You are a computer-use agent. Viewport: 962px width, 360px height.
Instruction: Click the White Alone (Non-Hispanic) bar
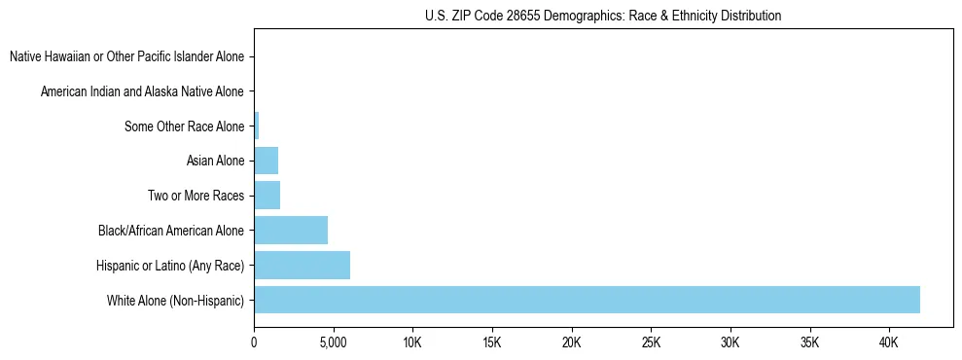pyautogui.click(x=587, y=300)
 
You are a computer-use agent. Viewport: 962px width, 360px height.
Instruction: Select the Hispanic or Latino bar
pyautogui.click(x=302, y=265)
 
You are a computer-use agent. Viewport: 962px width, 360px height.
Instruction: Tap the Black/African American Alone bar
pyautogui.click(x=291, y=231)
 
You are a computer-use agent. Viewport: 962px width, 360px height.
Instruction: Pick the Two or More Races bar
pyautogui.click(x=267, y=196)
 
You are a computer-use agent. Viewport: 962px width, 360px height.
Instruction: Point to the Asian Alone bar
pyautogui.click(x=266, y=161)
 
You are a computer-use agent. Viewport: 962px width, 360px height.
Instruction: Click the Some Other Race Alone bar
pyautogui.click(x=256, y=126)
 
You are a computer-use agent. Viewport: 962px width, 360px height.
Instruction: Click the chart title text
pyautogui.click(x=603, y=16)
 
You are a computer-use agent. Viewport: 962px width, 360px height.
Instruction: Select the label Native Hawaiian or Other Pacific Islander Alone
pyautogui.click(x=126, y=57)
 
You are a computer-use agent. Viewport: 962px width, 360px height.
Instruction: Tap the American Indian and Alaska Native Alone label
pyautogui.click(x=142, y=91)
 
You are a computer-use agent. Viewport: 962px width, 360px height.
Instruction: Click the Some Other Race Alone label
pyautogui.click(x=185, y=126)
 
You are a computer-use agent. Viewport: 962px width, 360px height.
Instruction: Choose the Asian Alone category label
pyautogui.click(x=215, y=161)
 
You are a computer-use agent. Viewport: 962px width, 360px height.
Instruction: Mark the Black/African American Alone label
pyautogui.click(x=171, y=231)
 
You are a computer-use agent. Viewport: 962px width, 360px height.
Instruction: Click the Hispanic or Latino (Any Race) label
pyautogui.click(x=170, y=265)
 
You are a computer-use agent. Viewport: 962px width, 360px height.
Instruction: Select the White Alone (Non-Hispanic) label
pyautogui.click(x=175, y=300)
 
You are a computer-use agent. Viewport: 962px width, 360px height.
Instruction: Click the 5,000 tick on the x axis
pyautogui.click(x=333, y=343)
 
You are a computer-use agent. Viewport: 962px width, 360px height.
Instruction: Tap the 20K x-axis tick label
pyautogui.click(x=571, y=343)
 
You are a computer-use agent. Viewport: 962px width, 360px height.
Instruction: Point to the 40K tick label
pyautogui.click(x=889, y=343)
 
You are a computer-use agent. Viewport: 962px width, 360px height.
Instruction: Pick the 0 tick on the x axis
pyautogui.click(x=254, y=343)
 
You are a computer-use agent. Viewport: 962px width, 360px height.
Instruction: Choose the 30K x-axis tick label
pyautogui.click(x=730, y=343)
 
